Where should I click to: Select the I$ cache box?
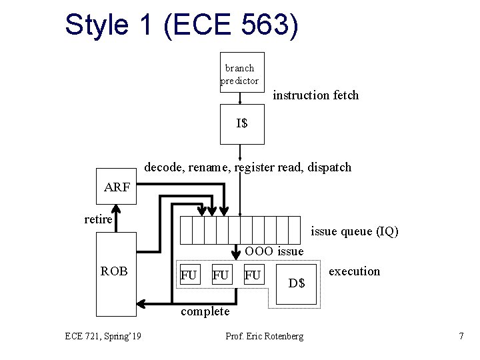pyautogui.click(x=242, y=124)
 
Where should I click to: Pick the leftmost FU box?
pyautogui.click(x=189, y=275)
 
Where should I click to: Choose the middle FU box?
pyautogui.click(x=221, y=275)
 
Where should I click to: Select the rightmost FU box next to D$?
pyautogui.click(x=253, y=275)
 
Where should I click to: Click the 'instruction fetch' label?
pyautogui.click(x=316, y=95)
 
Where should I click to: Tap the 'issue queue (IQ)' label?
pyautogui.click(x=355, y=231)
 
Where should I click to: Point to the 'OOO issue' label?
pyautogui.click(x=274, y=251)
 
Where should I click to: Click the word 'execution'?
pyautogui.click(x=355, y=271)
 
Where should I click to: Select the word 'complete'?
pyautogui.click(x=205, y=311)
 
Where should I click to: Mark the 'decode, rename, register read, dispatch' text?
pyautogui.click(x=247, y=167)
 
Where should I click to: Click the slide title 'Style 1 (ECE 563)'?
pyautogui.click(x=181, y=25)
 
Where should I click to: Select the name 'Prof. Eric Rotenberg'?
pyautogui.click(x=265, y=336)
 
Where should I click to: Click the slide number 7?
pyautogui.click(x=461, y=336)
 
